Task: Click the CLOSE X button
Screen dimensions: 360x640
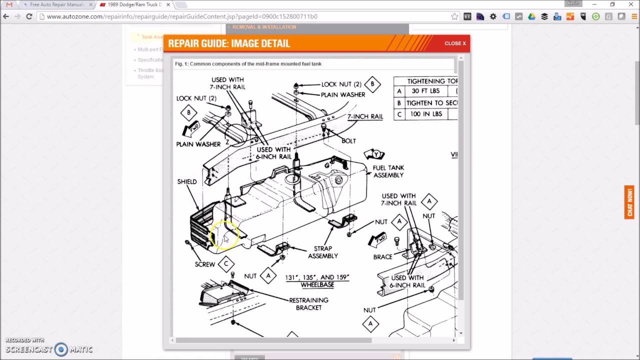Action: [454, 43]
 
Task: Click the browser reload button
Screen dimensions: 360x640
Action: [29, 16]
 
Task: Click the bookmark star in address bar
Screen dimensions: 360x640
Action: [454, 16]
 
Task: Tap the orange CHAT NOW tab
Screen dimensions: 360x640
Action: [629, 202]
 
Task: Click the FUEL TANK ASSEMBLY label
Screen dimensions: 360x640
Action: [388, 171]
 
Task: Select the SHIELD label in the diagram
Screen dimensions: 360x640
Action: [187, 181]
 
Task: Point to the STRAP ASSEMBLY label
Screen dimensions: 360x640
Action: [322, 252]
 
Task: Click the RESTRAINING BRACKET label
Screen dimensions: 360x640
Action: [308, 304]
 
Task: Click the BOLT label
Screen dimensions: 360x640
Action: [348, 141]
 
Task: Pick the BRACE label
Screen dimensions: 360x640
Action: [382, 257]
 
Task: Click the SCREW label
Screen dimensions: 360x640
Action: [204, 264]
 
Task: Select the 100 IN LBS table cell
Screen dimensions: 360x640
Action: [426, 114]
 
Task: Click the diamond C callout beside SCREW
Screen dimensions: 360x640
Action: [226, 263]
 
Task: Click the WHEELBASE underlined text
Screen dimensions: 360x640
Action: [317, 285]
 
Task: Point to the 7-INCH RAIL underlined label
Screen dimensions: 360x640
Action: [365, 116]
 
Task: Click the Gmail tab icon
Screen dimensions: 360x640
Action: [9, 4]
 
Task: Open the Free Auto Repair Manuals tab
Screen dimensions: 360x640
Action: [55, 4]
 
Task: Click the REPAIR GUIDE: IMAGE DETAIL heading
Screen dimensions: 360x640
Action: [229, 43]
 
